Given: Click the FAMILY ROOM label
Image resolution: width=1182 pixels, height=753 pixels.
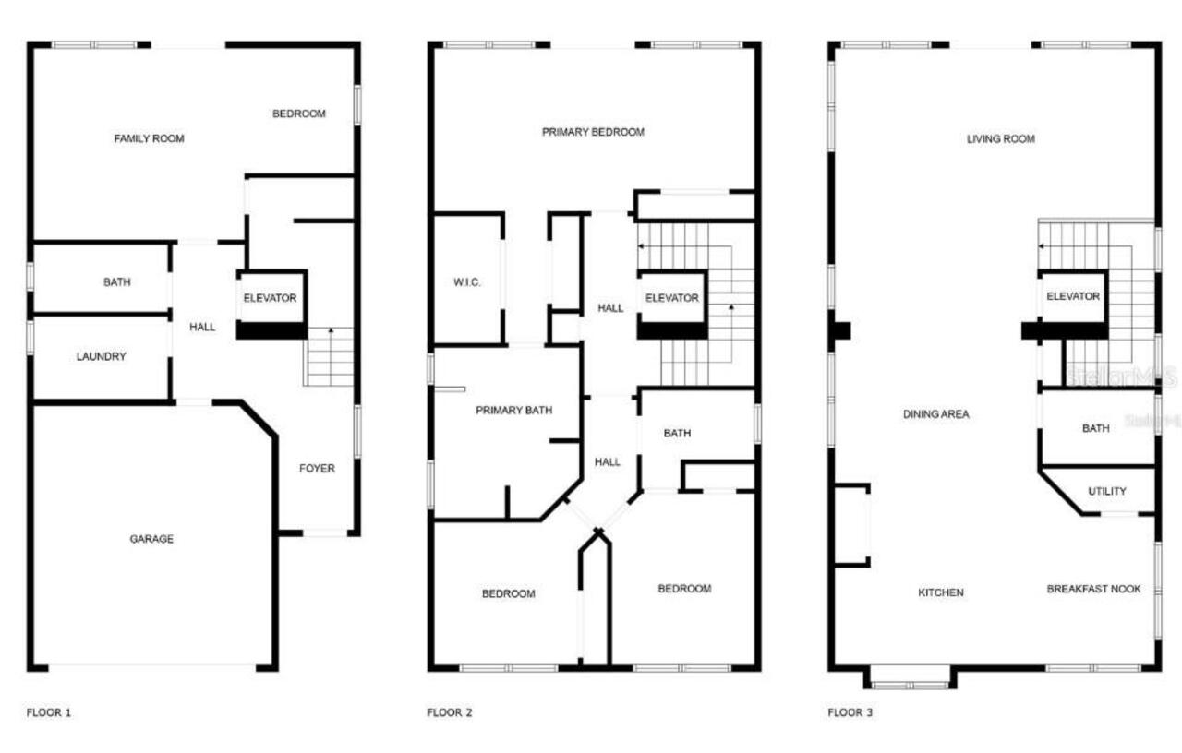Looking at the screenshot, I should (149, 138).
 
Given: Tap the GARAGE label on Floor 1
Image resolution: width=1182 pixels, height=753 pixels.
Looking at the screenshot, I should (151, 539).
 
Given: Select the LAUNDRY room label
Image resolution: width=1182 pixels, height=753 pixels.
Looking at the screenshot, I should (101, 356).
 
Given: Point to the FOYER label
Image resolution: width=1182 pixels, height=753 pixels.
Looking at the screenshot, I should (317, 468).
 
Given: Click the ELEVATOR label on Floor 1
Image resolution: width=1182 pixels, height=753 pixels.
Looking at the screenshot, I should (270, 298).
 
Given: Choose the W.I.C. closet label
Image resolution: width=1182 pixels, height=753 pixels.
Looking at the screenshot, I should (467, 282).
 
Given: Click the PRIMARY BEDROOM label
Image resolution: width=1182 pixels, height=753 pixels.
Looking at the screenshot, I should (593, 132).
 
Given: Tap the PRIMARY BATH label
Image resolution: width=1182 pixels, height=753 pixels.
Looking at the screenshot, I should (513, 410).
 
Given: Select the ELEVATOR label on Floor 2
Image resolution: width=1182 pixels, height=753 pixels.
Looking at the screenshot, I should (671, 298).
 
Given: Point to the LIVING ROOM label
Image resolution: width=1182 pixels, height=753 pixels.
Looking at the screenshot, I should (1000, 139).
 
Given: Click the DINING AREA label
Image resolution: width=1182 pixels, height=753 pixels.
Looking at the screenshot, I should (935, 414).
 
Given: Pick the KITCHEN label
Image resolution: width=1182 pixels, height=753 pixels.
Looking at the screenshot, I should (941, 592).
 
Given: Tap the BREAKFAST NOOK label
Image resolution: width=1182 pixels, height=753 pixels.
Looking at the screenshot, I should (1093, 589).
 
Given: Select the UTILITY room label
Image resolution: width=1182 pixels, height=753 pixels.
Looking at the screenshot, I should (1106, 491).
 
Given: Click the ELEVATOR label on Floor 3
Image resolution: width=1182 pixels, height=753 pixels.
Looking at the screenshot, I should (1072, 296).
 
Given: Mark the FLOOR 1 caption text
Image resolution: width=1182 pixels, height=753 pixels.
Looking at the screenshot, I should (48, 712).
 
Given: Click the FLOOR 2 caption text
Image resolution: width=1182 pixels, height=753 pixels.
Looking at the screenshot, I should (450, 712).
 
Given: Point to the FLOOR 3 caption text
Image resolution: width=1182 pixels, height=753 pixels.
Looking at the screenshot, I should (850, 712).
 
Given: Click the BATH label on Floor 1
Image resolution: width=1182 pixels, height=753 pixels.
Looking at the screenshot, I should (116, 282).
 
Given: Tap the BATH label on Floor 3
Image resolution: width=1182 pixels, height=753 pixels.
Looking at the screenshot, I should (1095, 428).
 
